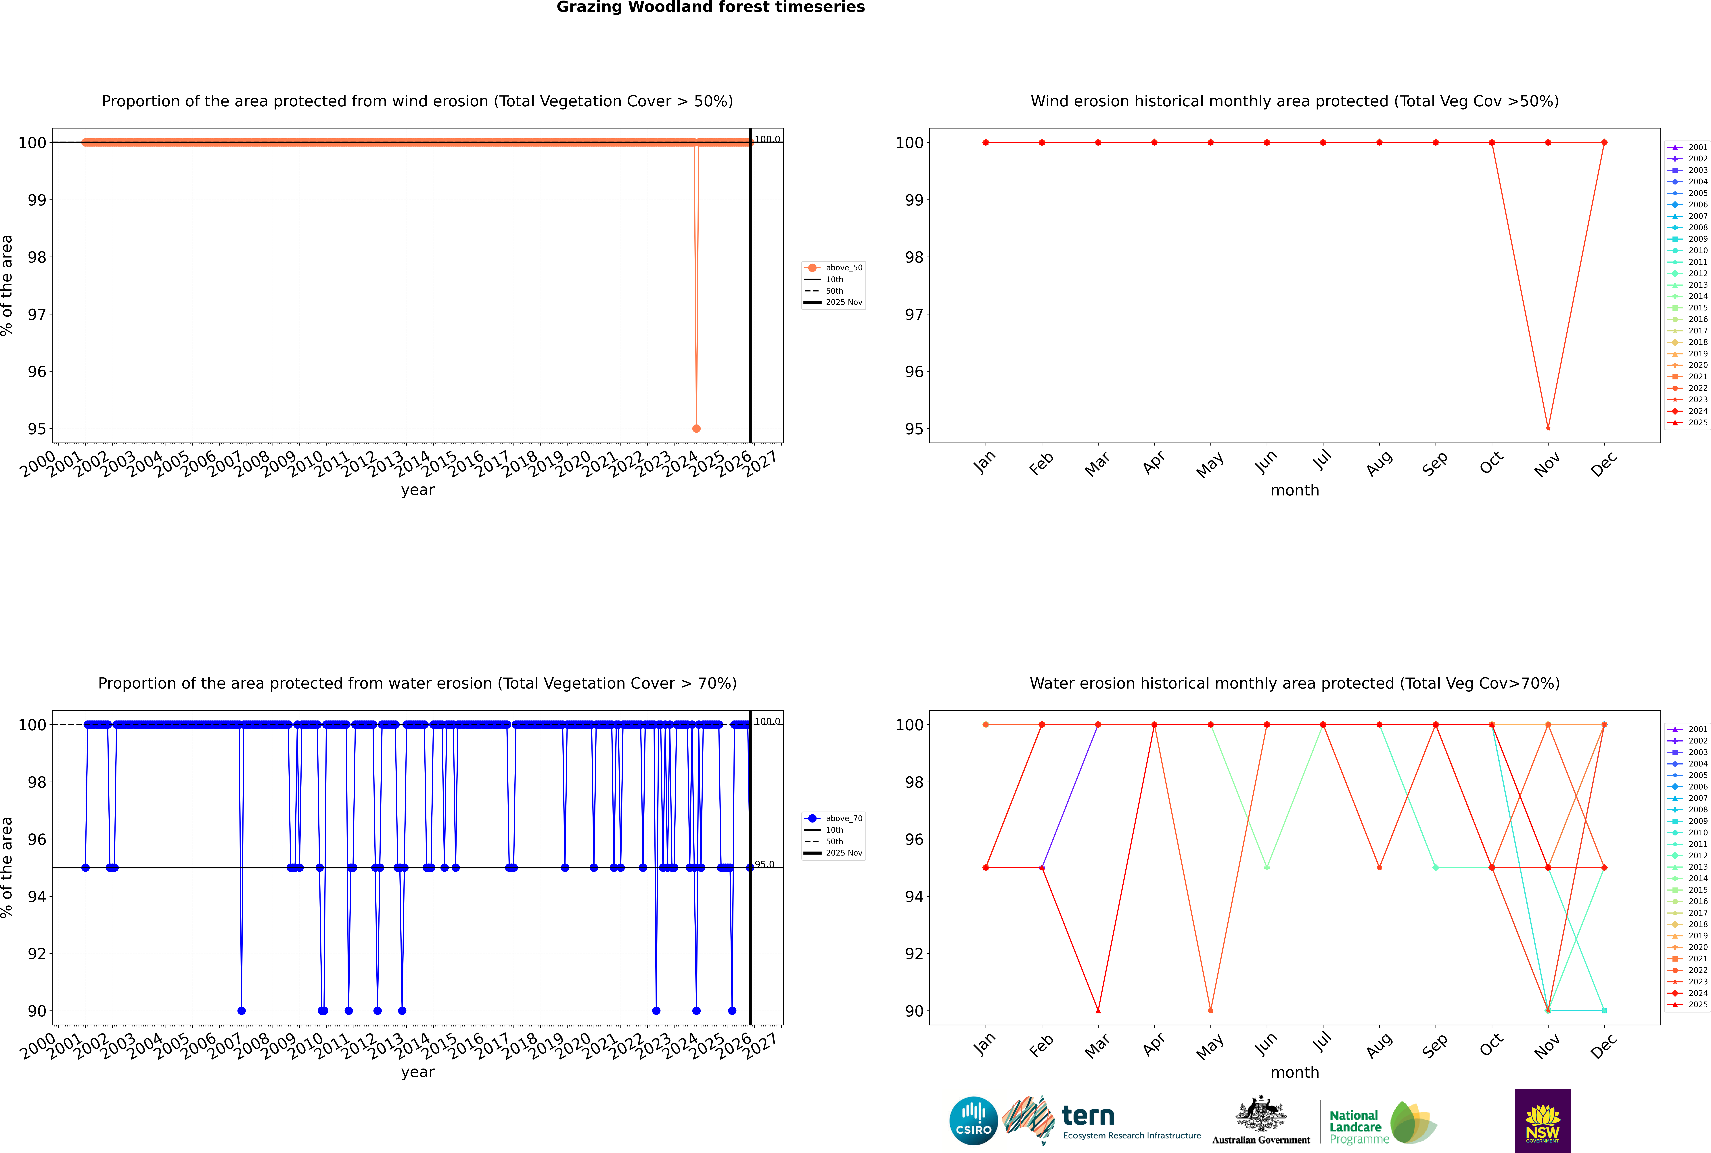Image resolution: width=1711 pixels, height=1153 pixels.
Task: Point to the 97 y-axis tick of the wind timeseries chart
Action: [37, 315]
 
